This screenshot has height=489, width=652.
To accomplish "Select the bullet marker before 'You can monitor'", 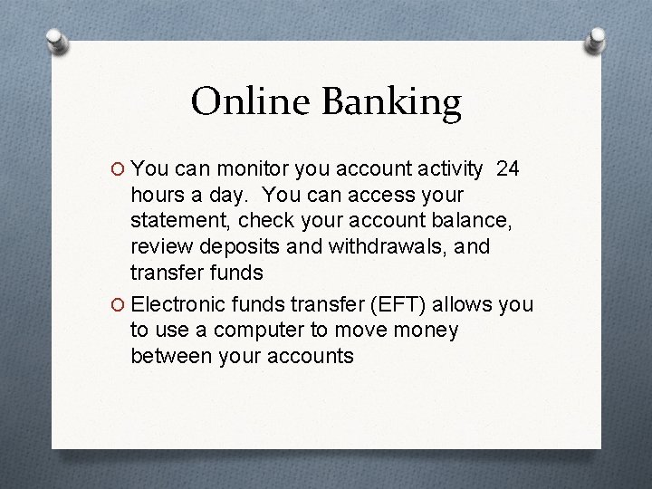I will click(117, 169).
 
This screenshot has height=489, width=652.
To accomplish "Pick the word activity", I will click(445, 168).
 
